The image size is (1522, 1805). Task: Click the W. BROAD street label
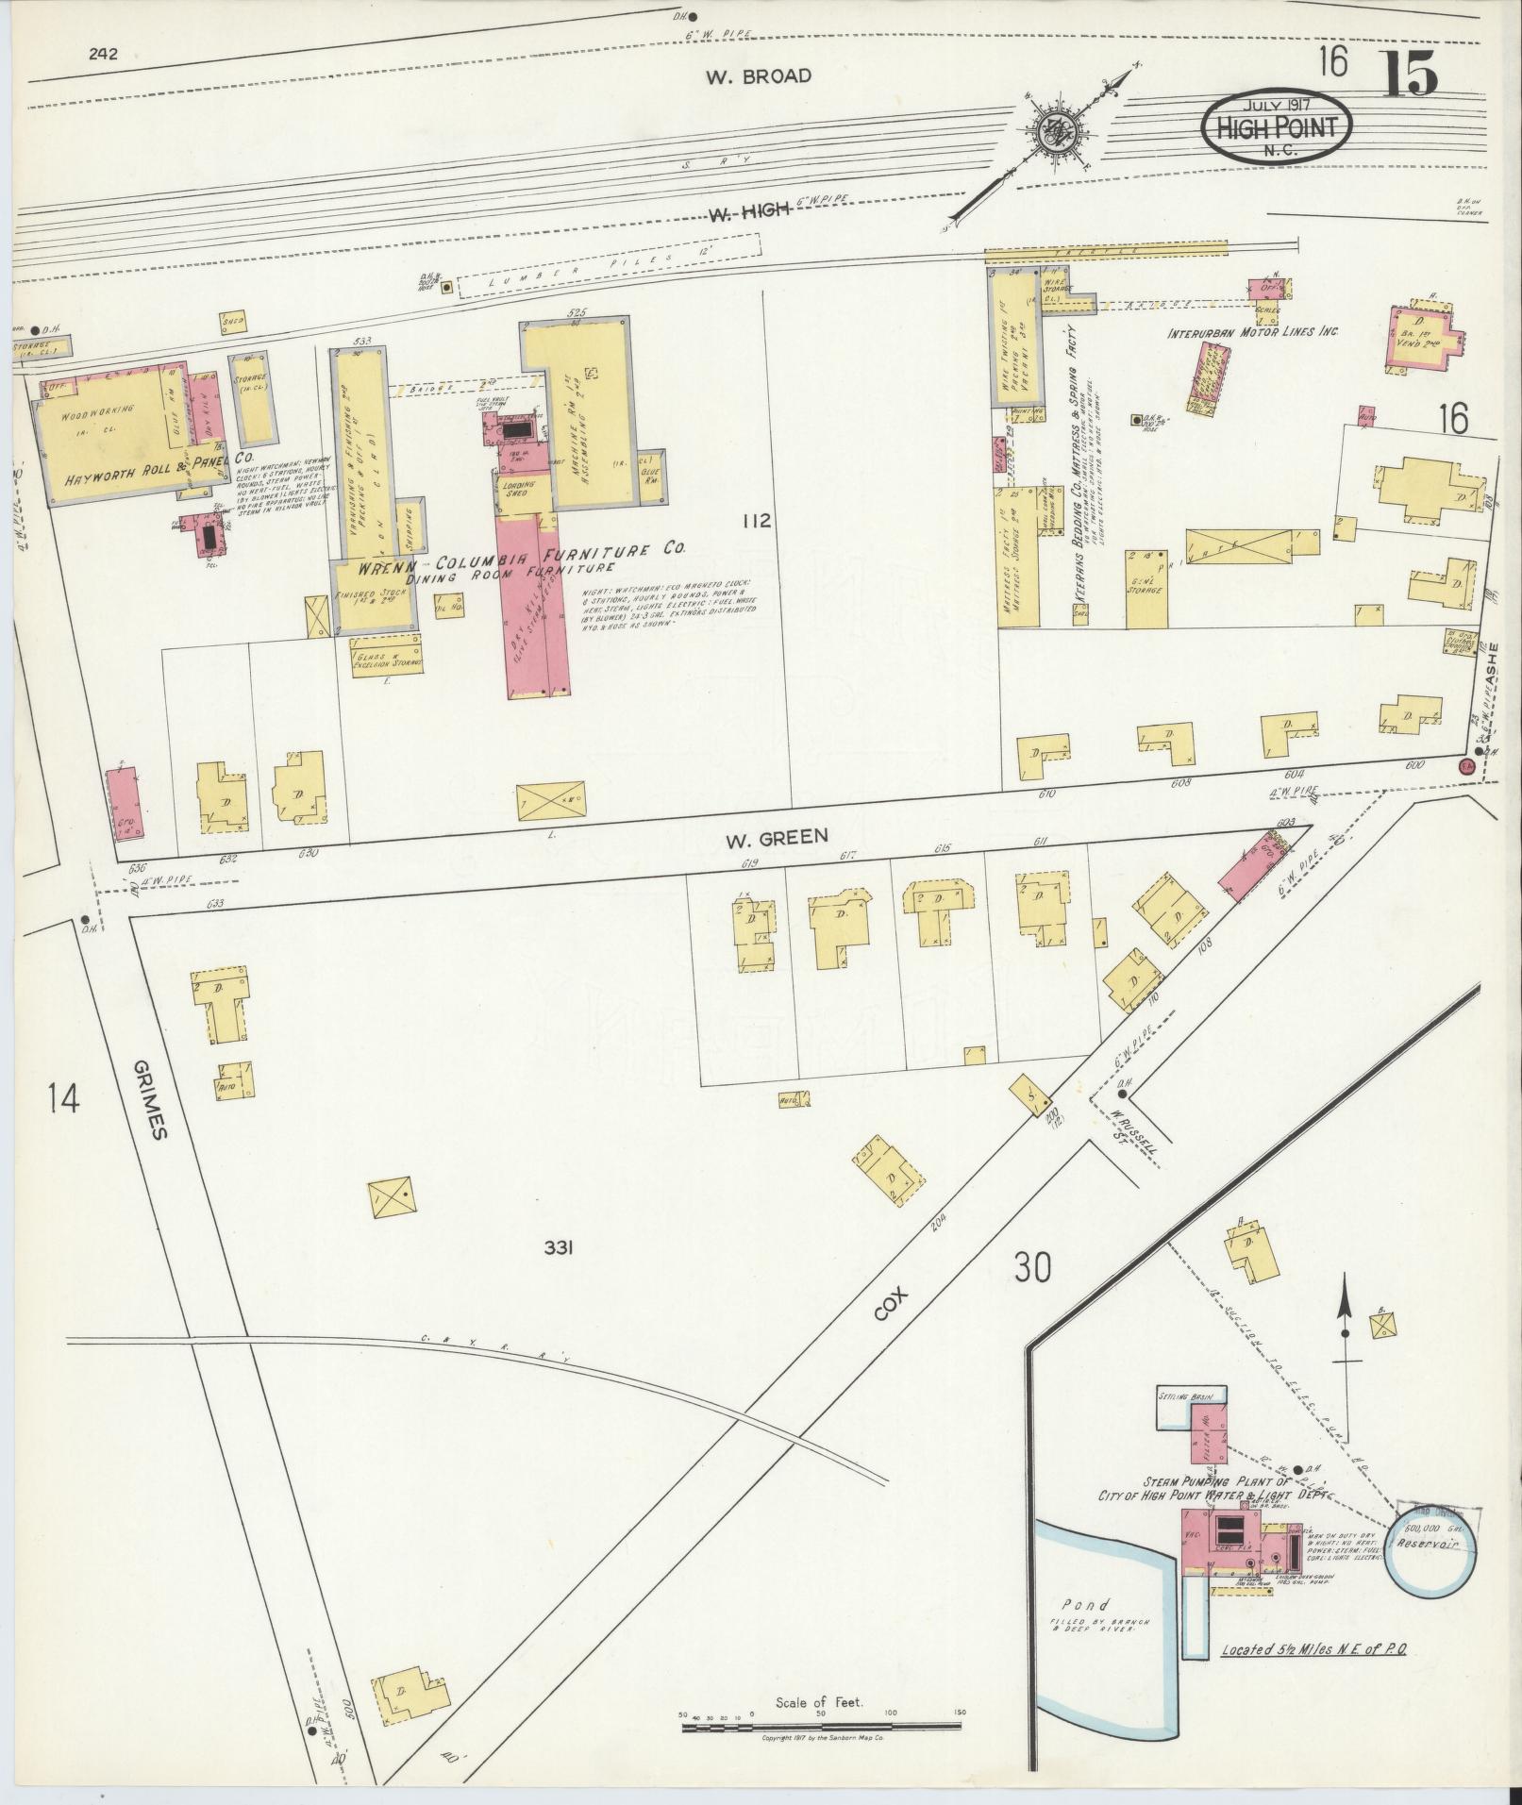pyautogui.click(x=758, y=76)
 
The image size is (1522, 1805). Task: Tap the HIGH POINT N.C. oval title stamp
pyautogui.click(x=1276, y=127)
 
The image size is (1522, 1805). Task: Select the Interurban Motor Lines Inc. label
pyautogui.click(x=1253, y=332)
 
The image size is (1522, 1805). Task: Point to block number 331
pyautogui.click(x=560, y=1248)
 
